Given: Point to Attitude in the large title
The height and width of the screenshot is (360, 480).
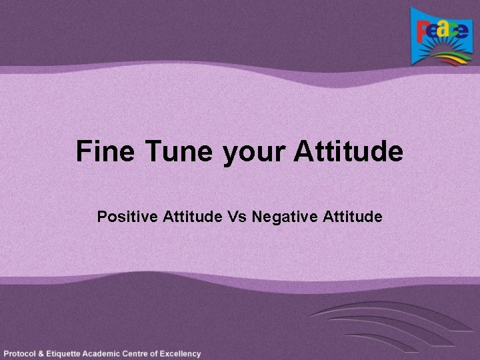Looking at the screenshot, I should [348, 151].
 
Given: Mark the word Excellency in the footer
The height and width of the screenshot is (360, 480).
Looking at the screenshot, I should [181, 353].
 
